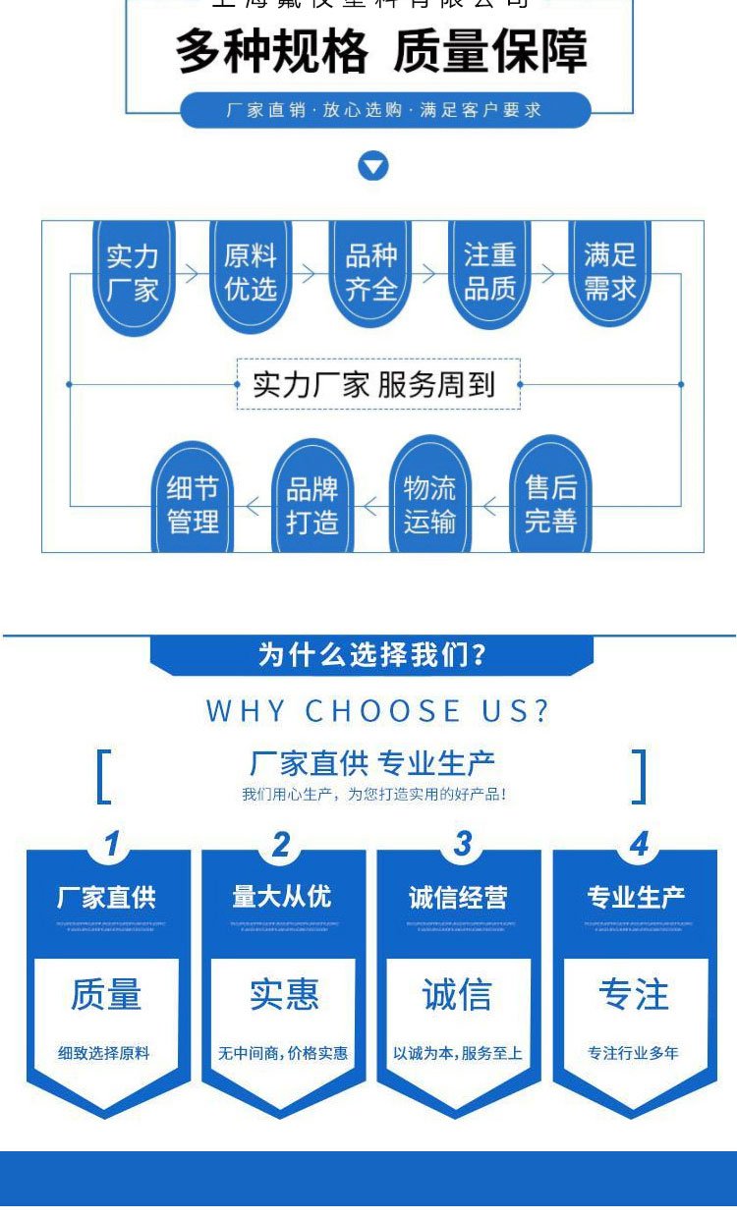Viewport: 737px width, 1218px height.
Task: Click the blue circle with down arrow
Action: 373,166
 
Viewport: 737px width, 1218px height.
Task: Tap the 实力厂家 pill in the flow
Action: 133,274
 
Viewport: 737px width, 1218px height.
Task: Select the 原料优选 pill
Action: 251,273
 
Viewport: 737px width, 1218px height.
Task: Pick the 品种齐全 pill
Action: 370,273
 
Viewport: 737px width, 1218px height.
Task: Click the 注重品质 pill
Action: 489,272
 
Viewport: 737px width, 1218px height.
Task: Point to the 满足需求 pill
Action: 610,272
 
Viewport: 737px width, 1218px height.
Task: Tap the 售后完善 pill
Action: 550,504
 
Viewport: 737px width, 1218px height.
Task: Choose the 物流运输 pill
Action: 430,504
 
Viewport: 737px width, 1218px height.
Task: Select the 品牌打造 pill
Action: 312,504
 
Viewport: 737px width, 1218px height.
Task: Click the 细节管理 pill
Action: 193,504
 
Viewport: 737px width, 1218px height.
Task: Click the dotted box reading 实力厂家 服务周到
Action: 378,384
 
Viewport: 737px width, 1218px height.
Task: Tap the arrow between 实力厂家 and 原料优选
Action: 191,274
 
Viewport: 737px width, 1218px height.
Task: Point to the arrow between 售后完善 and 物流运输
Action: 490,507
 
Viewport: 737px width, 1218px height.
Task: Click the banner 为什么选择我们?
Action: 371,655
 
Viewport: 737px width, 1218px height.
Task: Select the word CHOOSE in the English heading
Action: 383,711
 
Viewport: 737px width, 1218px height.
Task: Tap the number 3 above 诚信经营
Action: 461,844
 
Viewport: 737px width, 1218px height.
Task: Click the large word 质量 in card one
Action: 106,995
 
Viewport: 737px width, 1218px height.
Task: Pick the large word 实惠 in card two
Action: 283,995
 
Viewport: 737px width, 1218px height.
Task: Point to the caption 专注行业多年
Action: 633,1053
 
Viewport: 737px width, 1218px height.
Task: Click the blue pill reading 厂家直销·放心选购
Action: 385,110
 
